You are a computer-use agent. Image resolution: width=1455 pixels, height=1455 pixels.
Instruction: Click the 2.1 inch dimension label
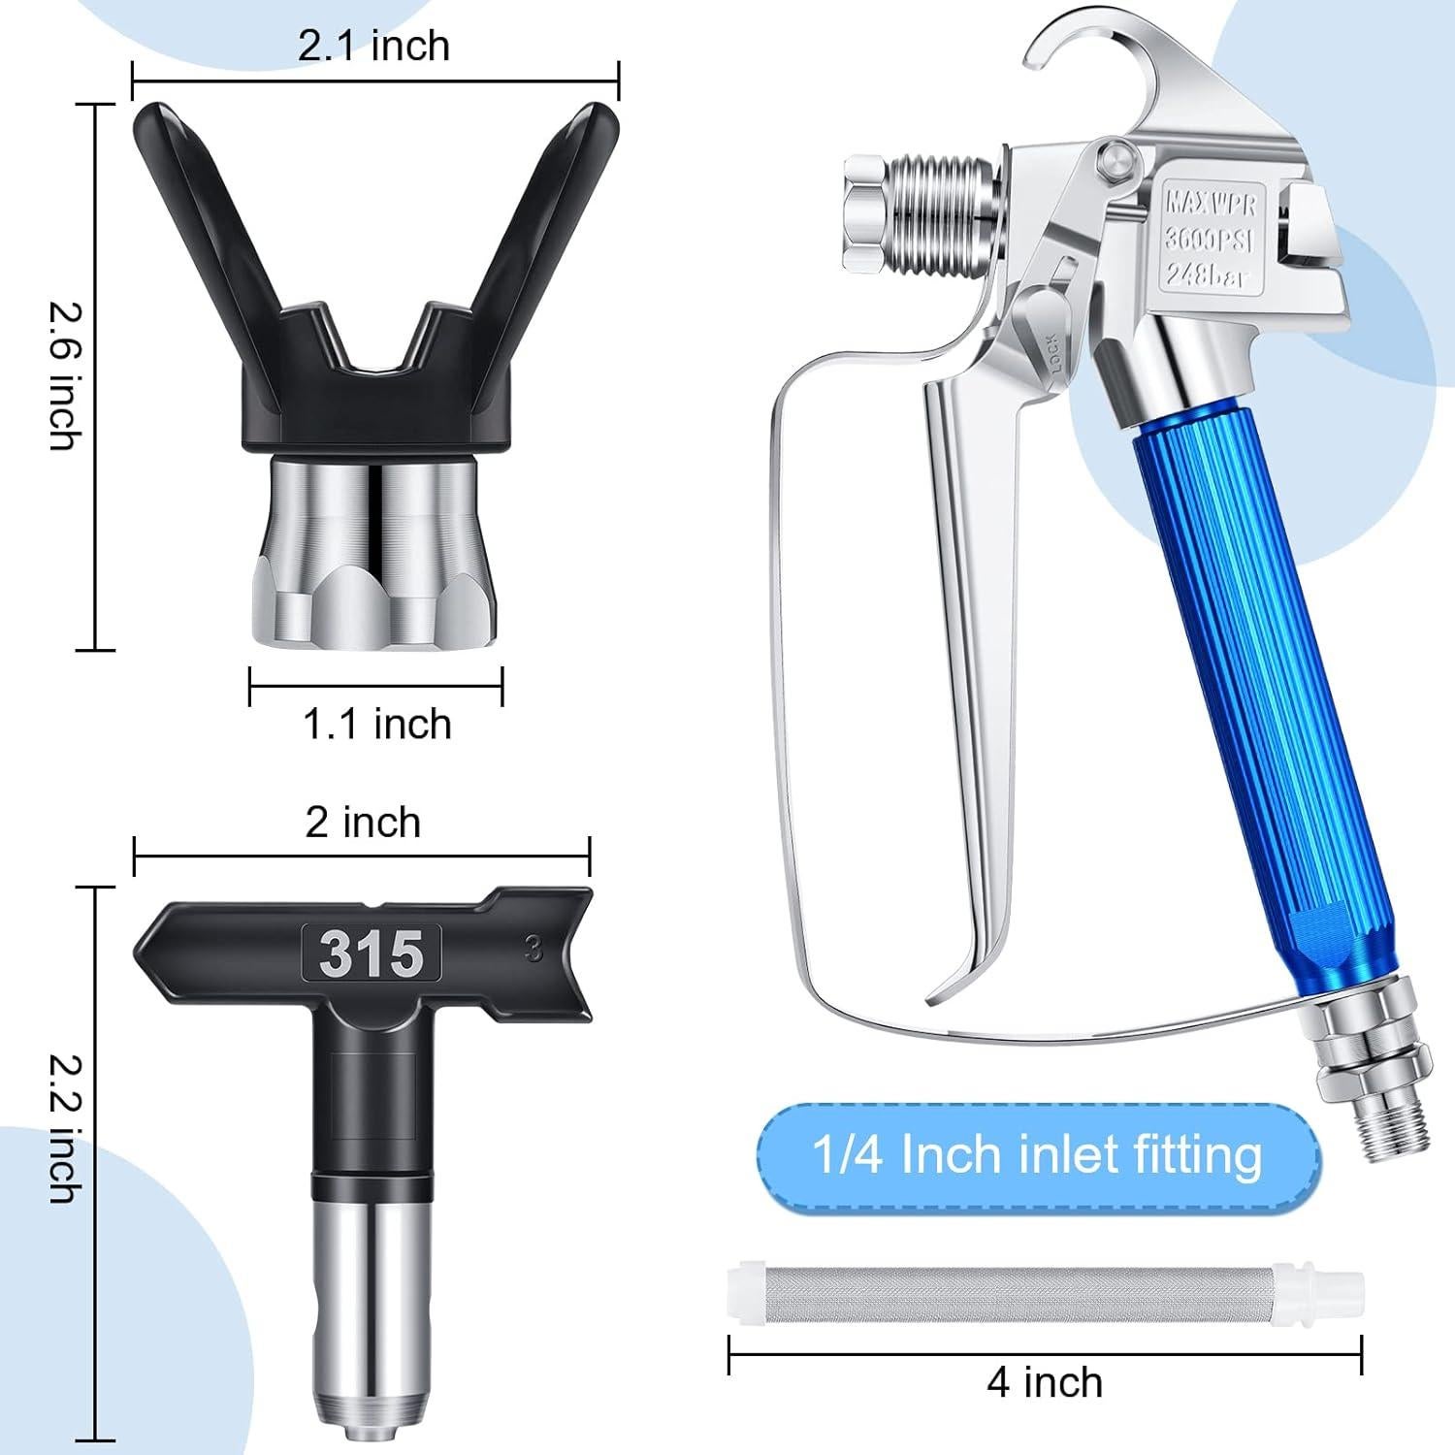pos(373,46)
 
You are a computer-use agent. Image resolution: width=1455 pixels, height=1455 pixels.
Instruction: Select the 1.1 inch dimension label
pos(377,724)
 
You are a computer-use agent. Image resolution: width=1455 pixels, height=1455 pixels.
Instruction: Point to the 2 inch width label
pos(363,822)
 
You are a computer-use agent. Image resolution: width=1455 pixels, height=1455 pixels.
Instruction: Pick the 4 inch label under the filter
pos(1045,1381)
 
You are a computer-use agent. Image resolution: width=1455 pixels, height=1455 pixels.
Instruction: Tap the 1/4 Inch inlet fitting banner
pos(1037,1155)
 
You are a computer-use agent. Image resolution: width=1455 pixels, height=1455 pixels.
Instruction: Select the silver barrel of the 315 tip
pos(372,1290)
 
